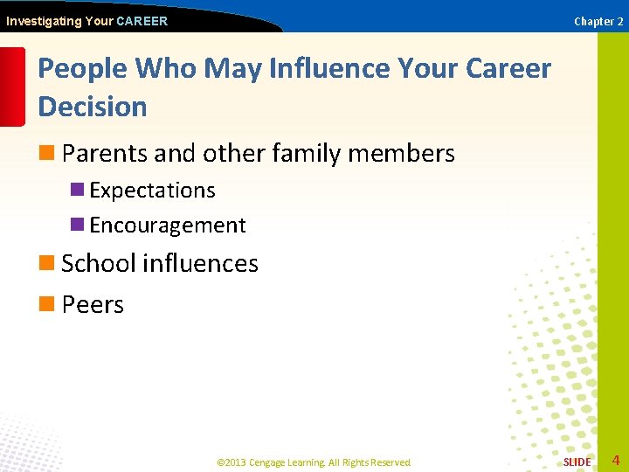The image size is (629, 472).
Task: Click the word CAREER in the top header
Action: pyautogui.click(x=142, y=21)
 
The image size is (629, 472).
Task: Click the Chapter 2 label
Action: pyautogui.click(x=598, y=22)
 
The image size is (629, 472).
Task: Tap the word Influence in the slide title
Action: pyautogui.click(x=322, y=68)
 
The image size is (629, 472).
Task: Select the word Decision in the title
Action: pyautogui.click(x=93, y=107)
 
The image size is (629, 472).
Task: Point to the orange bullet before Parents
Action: pyautogui.click(x=46, y=154)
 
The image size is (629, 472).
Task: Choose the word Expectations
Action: pyautogui.click(x=152, y=191)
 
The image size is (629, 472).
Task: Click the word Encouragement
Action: pyautogui.click(x=168, y=226)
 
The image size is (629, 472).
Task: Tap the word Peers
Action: pyautogui.click(x=93, y=305)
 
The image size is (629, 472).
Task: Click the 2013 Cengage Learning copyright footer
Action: pyautogui.click(x=314, y=462)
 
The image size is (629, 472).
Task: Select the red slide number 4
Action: pyautogui.click(x=616, y=461)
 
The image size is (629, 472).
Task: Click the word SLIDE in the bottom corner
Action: pyautogui.click(x=577, y=462)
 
